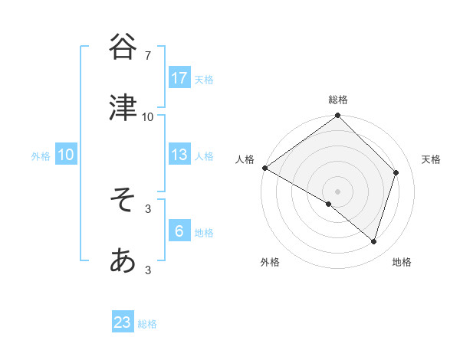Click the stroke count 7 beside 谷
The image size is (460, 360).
[148, 56]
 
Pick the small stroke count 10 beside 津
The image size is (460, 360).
[148, 117]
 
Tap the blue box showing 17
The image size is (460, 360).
[179, 78]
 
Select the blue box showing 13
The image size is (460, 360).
[179, 155]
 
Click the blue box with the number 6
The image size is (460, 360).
[179, 231]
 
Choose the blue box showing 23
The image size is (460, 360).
[123, 322]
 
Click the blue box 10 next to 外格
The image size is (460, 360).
[66, 155]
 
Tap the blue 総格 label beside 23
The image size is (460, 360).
[147, 324]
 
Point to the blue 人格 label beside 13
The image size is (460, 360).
[204, 155]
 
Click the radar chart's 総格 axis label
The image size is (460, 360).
[338, 100]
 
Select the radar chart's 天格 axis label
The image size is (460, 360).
[432, 159]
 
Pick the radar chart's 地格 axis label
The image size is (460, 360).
[402, 262]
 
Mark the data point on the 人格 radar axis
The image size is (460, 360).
[264, 168]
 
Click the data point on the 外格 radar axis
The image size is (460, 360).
[329, 204]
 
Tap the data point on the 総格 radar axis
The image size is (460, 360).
[338, 116]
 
